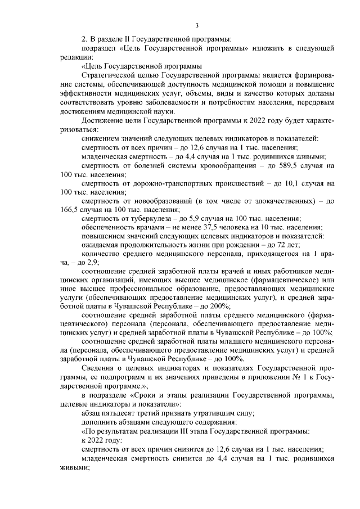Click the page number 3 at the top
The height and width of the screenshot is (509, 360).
[197, 25]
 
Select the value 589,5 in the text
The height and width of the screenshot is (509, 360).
[292, 165]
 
